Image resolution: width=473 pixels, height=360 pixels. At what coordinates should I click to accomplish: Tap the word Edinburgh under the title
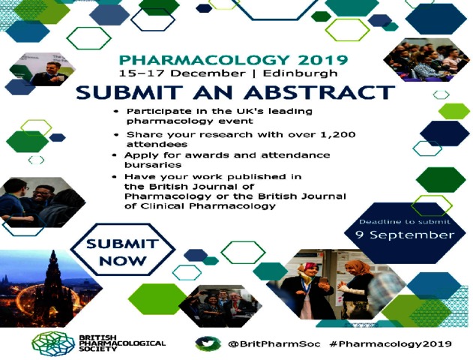[300, 73]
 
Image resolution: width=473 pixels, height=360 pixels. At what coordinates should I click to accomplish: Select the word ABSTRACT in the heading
[319, 92]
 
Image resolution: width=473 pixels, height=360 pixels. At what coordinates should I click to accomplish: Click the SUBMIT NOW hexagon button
[123, 250]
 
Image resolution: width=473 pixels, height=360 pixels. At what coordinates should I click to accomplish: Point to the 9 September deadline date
[405, 235]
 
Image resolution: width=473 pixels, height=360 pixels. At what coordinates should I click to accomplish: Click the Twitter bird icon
[206, 343]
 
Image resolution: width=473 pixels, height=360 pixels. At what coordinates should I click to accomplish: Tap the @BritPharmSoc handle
[274, 343]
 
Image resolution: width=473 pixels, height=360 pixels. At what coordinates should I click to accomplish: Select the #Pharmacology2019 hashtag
[391, 344]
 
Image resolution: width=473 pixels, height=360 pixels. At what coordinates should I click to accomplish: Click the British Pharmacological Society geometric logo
[53, 344]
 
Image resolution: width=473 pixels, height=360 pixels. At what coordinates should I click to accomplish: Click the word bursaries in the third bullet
[153, 165]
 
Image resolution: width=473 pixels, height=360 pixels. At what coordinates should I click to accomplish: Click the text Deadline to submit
[405, 222]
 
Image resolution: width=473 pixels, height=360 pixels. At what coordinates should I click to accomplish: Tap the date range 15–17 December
[182, 73]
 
